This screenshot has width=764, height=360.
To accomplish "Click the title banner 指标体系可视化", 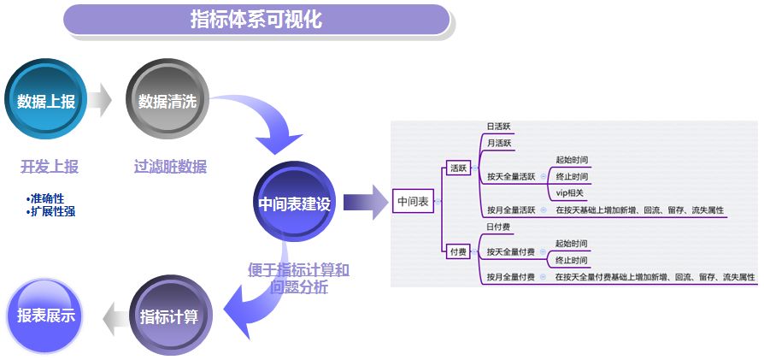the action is (x=256, y=20).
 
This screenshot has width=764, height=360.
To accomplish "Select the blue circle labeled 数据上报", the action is (x=46, y=99).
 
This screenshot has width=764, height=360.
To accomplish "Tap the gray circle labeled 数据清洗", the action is (x=167, y=99).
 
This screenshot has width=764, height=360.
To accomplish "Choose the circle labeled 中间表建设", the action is (x=294, y=202).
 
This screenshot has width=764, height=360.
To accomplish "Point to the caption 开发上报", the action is (x=50, y=167).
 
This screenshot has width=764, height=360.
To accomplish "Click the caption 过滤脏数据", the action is (x=170, y=167).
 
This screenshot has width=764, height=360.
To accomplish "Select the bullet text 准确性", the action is (x=45, y=198).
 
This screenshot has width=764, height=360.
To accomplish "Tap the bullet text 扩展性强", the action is (x=50, y=212).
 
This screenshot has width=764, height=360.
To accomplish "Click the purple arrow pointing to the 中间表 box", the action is (x=366, y=202).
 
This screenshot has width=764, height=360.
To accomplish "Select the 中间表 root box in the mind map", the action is (x=413, y=202).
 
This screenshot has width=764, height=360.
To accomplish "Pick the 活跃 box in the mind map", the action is (x=459, y=168).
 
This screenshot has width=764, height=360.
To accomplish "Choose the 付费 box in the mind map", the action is (x=459, y=251).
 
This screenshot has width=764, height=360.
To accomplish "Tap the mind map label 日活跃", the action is (x=498, y=127).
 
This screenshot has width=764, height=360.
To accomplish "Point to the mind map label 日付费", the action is (x=498, y=227).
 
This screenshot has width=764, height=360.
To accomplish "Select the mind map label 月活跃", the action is (x=498, y=144).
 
